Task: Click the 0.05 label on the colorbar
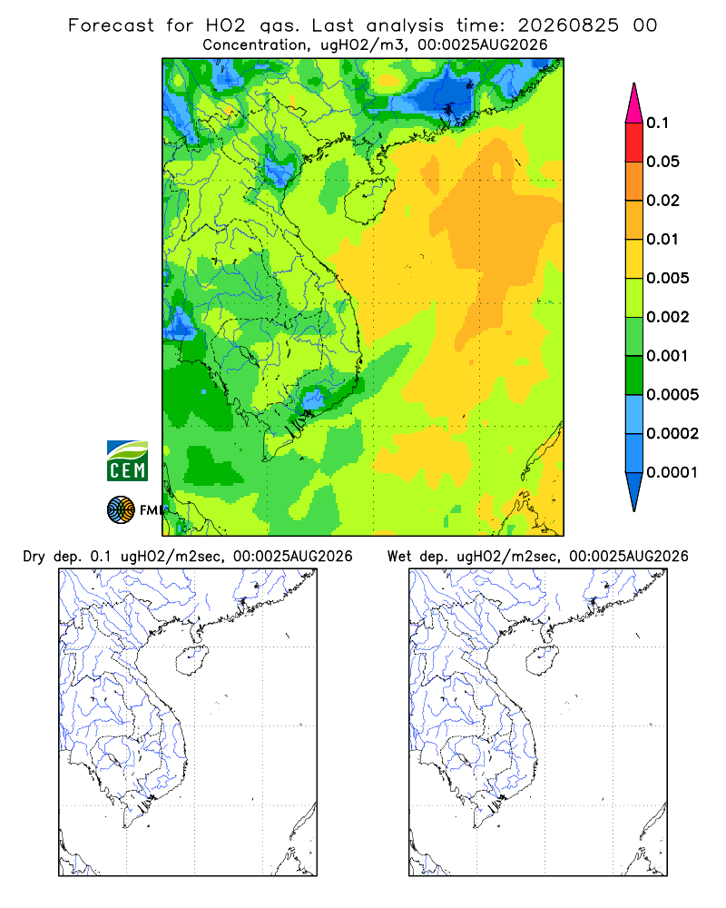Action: pos(662,162)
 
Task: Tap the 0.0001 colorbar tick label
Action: pos(672,472)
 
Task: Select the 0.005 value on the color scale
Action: pos(668,278)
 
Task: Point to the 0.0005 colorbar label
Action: pos(672,395)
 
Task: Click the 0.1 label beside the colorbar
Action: pos(658,123)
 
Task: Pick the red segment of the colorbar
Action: pos(634,143)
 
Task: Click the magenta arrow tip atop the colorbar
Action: pos(634,84)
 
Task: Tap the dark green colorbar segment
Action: pos(634,375)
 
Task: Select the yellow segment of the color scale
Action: pos(634,259)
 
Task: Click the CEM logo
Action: pos(127,461)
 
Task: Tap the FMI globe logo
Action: pos(121,509)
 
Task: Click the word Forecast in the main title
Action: pos(111,25)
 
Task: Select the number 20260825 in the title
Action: pos(568,25)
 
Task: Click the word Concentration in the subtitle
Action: pos(255,45)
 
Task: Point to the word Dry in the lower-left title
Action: pos(34,557)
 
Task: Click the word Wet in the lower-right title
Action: pos(398,557)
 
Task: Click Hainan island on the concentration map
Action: pos(369,201)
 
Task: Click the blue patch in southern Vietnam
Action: pos(313,398)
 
